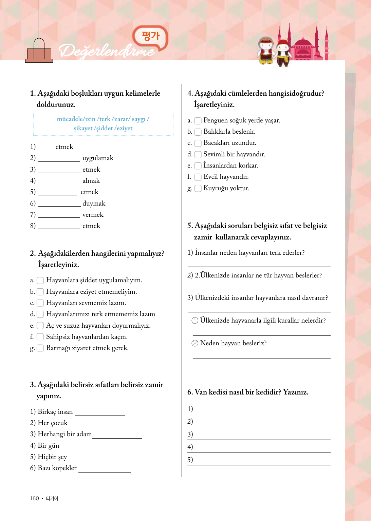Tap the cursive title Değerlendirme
click(107, 51)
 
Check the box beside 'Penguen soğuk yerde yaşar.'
click(198, 121)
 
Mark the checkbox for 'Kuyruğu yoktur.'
click(198, 188)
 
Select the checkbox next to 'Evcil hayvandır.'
click(198, 177)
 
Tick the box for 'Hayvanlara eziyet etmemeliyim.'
click(40, 292)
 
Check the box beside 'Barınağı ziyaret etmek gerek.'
click(40, 348)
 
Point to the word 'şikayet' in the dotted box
click(83, 128)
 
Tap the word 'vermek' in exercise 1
click(93, 215)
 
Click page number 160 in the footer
click(35, 498)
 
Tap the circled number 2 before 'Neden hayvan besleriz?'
click(195, 343)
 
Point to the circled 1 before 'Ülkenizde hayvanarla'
click(195, 321)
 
